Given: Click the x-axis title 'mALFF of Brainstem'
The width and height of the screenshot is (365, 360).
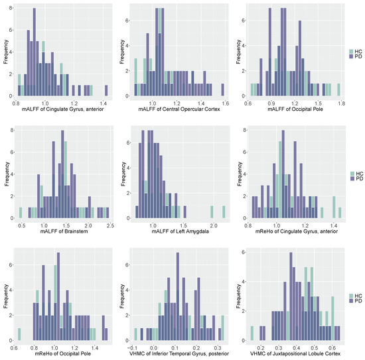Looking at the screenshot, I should pos(64,235).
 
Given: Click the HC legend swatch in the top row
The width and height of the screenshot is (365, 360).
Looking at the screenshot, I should pos(350,50).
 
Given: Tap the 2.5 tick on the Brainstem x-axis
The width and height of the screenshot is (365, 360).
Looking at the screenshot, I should pos(109,226).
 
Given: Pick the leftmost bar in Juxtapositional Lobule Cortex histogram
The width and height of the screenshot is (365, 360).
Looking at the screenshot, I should pos(252,333).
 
